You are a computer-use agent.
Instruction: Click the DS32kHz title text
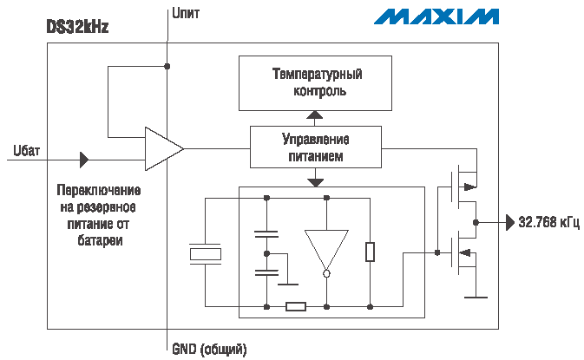point(77,27)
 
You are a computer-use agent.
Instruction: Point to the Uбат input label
point(27,149)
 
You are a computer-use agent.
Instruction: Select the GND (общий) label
point(209,349)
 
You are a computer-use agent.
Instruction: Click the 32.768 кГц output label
point(548,222)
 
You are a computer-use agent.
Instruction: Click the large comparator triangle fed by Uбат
point(161,149)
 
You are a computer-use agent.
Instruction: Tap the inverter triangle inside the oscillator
point(326,248)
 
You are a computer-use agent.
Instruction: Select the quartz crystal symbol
point(206,253)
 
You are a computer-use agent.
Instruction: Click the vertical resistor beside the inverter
point(371,252)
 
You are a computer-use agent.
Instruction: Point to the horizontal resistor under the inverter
point(296,305)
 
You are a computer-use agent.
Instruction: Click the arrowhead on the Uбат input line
point(84,160)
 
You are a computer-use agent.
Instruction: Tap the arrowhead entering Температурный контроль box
point(315,115)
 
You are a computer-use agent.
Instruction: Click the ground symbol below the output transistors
point(475,297)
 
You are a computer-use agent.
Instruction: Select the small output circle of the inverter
point(326,274)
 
